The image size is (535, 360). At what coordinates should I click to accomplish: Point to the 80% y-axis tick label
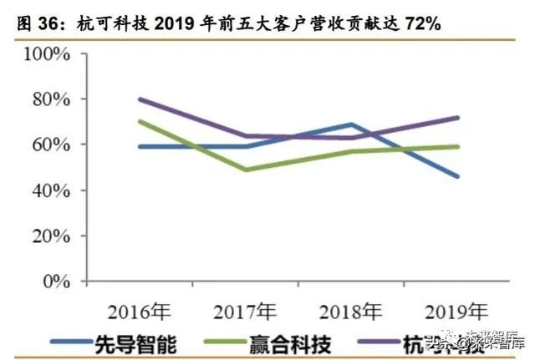(51, 100)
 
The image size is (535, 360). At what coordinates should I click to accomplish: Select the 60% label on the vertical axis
(51, 145)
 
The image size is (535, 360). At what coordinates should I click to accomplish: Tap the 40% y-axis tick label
(51, 190)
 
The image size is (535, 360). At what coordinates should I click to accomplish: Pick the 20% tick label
(51, 236)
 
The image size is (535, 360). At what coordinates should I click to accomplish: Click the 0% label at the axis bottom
(56, 281)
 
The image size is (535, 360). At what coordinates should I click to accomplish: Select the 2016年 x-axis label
(139, 313)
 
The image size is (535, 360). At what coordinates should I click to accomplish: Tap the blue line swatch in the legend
(77, 342)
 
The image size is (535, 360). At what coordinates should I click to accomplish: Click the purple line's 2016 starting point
(139, 99)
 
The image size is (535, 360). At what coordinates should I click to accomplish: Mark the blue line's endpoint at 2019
(457, 176)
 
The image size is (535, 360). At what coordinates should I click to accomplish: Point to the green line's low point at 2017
(245, 170)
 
